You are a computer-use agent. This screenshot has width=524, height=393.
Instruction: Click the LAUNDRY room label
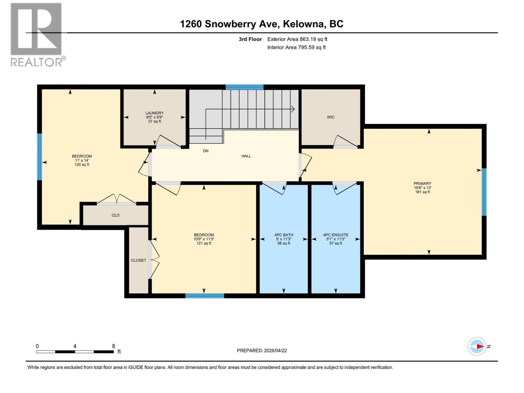154,113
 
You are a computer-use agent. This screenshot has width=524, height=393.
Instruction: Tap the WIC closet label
330,117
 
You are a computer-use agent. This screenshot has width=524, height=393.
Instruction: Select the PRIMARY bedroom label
422,184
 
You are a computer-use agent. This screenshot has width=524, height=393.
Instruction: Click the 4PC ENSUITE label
335,235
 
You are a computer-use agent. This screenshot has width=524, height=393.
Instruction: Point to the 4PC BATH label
284,235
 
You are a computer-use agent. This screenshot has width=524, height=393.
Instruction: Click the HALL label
246,156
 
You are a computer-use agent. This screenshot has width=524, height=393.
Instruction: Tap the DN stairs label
206,151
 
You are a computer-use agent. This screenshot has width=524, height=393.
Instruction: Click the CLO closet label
115,215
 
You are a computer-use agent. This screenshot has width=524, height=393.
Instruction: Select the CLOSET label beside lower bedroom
138,260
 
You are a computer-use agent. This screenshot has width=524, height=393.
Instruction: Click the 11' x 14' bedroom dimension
82,160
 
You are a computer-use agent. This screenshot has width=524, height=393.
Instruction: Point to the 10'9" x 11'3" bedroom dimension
204,239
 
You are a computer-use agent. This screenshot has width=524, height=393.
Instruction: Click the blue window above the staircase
244,87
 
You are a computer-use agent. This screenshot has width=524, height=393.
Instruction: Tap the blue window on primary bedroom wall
484,192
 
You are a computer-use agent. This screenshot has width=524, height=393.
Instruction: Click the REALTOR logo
37,35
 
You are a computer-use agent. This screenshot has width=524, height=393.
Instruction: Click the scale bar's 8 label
113,346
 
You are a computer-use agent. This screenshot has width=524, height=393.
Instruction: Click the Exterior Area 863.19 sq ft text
297,39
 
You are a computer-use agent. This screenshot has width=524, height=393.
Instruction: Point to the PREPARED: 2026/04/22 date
262,350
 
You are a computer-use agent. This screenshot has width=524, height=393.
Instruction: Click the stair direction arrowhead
293,109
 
